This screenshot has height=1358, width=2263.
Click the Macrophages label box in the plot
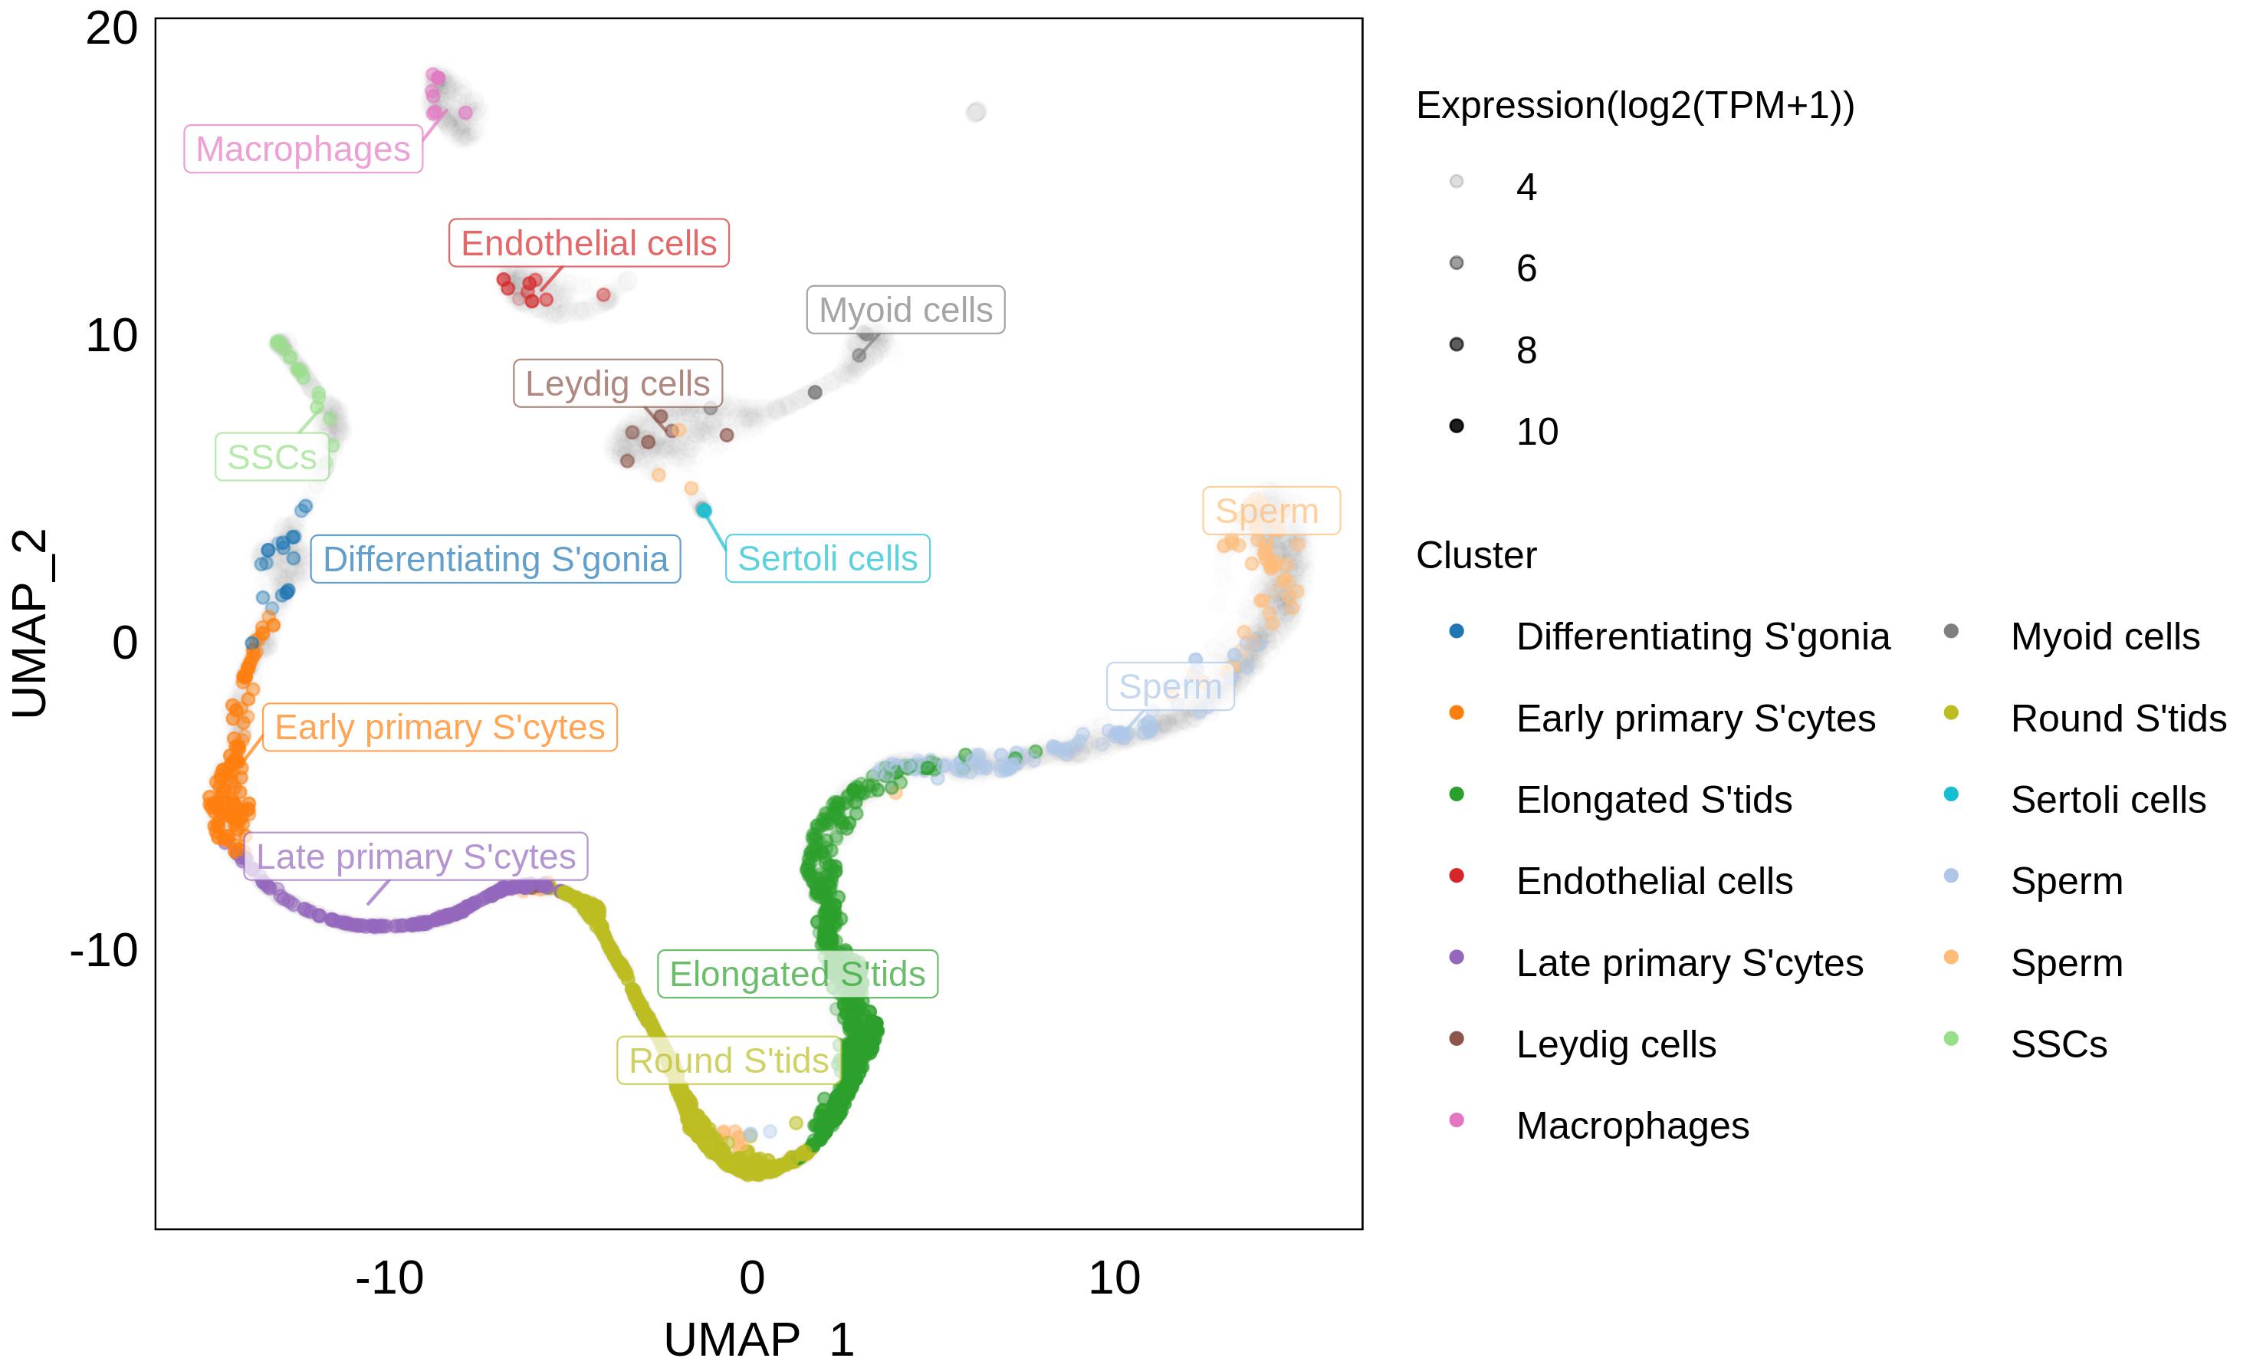tap(303, 150)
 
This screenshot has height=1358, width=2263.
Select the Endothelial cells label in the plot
tap(588, 243)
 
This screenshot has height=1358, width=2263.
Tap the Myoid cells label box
tap(905, 311)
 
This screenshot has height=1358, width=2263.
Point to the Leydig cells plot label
tap(617, 383)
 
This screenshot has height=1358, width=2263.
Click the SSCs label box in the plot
tap(271, 457)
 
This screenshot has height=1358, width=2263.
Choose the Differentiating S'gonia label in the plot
tap(495, 559)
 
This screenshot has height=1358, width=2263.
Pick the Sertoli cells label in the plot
tap(827, 558)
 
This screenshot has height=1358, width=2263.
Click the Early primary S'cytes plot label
tap(439, 728)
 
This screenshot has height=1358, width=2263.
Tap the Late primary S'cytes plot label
tap(415, 857)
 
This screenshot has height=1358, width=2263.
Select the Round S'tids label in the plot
tap(728, 1060)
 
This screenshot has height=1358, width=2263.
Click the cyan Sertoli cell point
tap(704, 510)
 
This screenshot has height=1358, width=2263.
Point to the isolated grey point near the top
tap(976, 113)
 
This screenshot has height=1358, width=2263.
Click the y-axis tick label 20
tap(112, 29)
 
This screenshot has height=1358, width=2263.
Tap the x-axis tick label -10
tap(389, 1277)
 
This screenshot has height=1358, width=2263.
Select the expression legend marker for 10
tap(1457, 426)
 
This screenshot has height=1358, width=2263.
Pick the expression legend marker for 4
tap(1457, 181)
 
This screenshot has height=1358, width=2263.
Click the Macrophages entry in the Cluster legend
tap(1632, 1126)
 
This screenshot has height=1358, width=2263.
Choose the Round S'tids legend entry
tap(2117, 718)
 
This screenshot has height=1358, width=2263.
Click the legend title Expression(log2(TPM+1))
tap(1634, 106)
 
